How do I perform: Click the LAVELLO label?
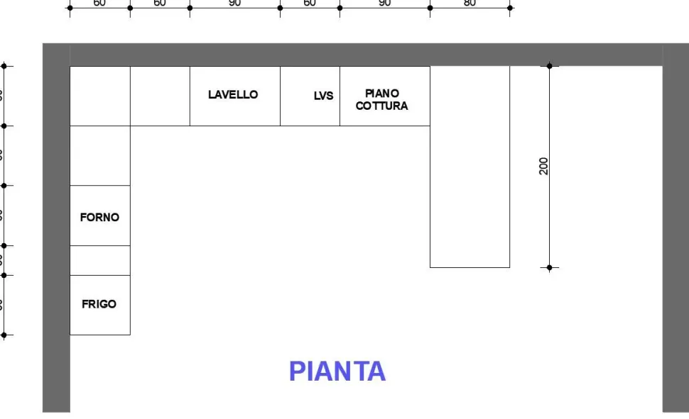coord(233,94)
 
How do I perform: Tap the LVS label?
coord(323,96)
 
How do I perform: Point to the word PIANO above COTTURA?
coord(382,93)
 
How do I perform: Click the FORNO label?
coord(99,218)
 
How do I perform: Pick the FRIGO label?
coord(99,304)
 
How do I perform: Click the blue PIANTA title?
coord(337,371)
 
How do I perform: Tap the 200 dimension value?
coord(543,166)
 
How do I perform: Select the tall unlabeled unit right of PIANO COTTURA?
coord(470,167)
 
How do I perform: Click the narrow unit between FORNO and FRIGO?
coord(99,260)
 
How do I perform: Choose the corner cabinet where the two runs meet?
coord(99,96)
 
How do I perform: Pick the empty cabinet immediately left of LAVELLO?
coord(160,96)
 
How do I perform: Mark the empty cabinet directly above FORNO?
coord(99,156)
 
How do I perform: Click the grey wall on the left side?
coord(55,234)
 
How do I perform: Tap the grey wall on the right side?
coord(676,234)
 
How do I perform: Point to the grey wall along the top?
coord(355,55)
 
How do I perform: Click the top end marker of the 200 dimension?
coord(549,66)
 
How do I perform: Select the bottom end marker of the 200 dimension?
coord(549,267)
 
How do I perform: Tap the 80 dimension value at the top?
coord(470,3)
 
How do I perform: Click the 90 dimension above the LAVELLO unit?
coord(234,3)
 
